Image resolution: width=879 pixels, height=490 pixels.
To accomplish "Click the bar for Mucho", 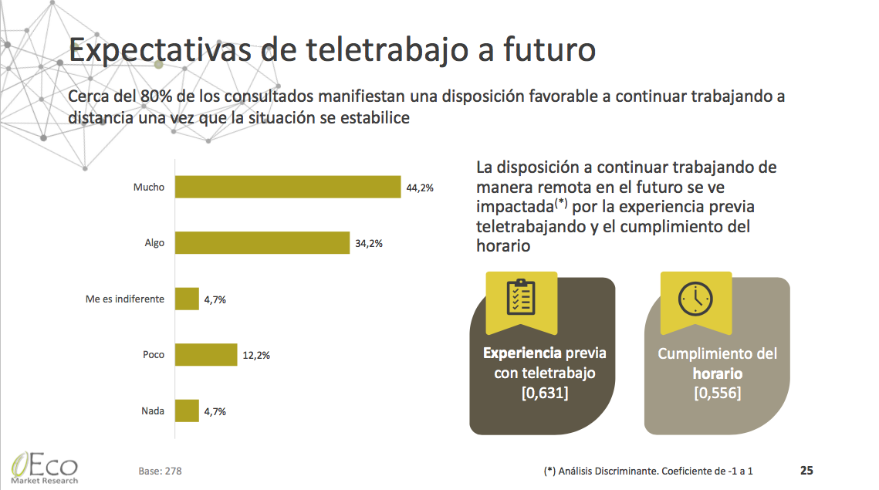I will (x=288, y=188).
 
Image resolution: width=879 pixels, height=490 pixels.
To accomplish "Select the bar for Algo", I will (x=262, y=243).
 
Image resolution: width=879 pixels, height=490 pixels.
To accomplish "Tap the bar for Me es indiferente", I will (x=188, y=299).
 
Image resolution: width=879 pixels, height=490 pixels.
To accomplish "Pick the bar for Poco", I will (x=206, y=355).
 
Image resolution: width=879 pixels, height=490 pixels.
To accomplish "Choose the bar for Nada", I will (x=188, y=411).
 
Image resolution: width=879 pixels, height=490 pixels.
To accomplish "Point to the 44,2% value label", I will (x=421, y=188).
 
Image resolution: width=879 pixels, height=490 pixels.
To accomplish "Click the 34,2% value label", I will (x=370, y=244).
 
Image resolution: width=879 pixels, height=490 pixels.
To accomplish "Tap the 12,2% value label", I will (x=256, y=356).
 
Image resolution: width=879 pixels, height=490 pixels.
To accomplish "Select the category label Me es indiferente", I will (x=125, y=299).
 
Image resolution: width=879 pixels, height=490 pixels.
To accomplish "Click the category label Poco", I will (x=154, y=355).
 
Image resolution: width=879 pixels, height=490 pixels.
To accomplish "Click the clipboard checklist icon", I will (x=521, y=297).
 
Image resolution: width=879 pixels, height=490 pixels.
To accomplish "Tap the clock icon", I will (x=695, y=297).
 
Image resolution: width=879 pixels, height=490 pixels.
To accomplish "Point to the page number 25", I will (x=806, y=470).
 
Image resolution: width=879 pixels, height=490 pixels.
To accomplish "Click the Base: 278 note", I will (x=161, y=470).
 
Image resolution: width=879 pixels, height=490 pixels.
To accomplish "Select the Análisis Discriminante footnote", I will (x=648, y=470).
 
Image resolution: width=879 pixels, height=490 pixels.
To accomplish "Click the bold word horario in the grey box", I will (x=717, y=373).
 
